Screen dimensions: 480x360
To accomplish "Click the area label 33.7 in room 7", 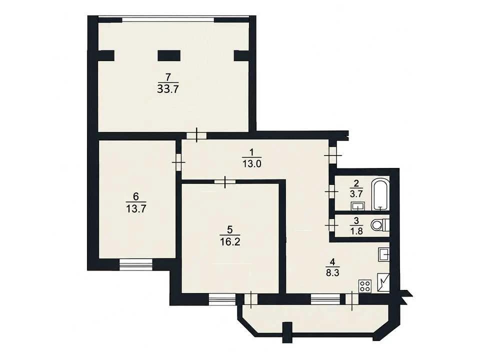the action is tap(167, 89).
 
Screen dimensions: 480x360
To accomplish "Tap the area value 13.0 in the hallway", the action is tap(251, 164).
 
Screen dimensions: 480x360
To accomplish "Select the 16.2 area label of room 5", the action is tap(230, 242).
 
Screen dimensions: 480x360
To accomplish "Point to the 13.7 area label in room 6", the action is tap(136, 209).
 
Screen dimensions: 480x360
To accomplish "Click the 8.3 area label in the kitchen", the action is tap(333, 272).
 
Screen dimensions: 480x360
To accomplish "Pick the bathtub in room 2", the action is tap(380, 195).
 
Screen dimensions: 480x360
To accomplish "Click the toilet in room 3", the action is tap(380, 225).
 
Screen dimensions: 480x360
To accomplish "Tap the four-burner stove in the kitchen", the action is tap(365, 286).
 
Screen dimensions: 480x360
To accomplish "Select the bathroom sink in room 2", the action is tap(357, 206).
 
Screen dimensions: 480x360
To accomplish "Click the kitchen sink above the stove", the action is tap(384, 254).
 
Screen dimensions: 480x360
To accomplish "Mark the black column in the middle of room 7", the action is tap(168, 55).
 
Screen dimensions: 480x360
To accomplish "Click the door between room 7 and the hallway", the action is tap(196, 135).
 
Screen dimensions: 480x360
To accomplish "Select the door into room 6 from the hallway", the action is tap(178, 162).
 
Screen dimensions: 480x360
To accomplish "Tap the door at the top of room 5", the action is tap(225, 182).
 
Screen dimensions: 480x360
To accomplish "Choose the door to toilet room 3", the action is tap(331, 225).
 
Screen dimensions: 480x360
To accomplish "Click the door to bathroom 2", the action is tap(331, 191).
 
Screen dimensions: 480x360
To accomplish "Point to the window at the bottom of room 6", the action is tap(135, 264).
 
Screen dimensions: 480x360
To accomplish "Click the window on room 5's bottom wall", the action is tap(222, 299).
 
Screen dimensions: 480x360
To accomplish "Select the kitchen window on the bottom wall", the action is tap(325, 299).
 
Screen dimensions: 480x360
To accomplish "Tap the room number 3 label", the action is tap(356, 220).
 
